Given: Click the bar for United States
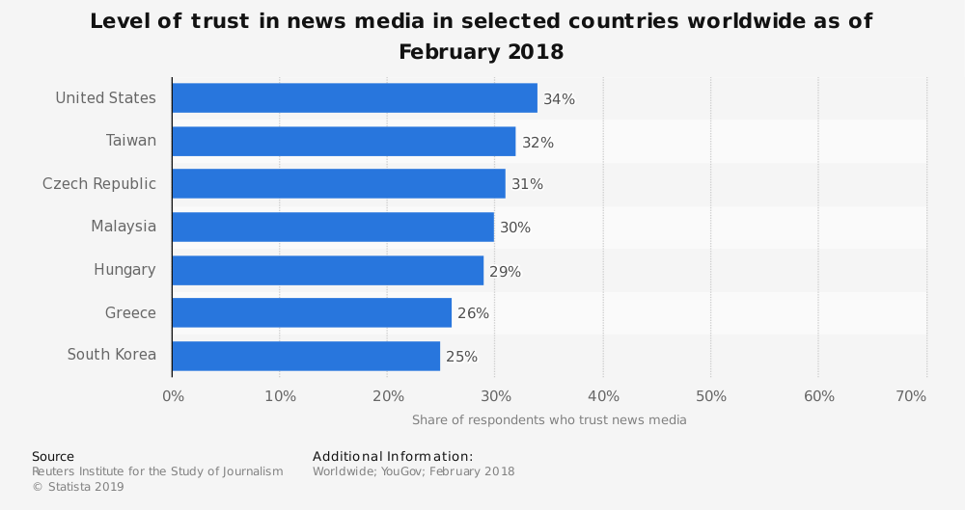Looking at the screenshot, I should point(354,98).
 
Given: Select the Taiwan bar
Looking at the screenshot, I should point(344,142).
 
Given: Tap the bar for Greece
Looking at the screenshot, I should point(312,312).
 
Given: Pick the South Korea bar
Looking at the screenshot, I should point(306,356).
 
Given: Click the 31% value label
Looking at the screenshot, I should point(528,184).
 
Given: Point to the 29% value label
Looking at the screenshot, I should point(505,272).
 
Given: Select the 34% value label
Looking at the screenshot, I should point(559,99).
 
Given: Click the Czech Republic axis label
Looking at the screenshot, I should point(99,183).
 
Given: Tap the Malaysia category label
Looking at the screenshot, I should point(124,227).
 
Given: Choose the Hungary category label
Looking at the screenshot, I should point(124,270).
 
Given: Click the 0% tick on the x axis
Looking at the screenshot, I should point(173,396).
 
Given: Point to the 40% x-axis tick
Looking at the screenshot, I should point(603,396).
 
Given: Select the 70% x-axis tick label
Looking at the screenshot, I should point(911,396).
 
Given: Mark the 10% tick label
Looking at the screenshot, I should point(280,396).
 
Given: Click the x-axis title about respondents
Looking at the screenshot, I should point(549,420).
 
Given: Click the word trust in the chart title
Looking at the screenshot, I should point(219,21).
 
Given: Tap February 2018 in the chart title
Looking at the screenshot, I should point(481,52).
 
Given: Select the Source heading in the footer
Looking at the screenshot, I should point(53,456).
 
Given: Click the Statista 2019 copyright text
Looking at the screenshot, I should point(78,487).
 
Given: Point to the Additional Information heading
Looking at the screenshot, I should point(393,456).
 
